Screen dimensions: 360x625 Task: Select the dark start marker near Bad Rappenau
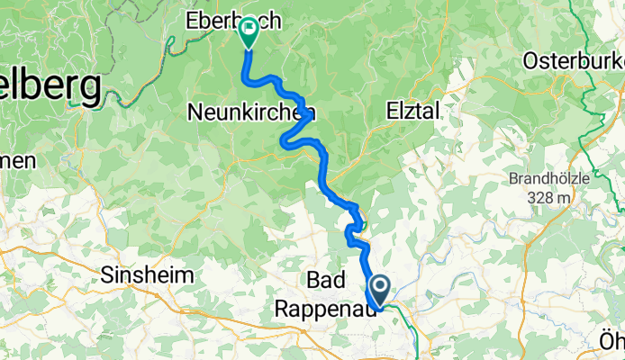coord(380,291)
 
